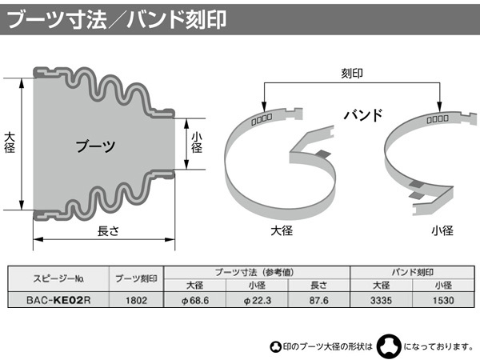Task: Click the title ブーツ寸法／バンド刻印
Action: tap(116, 19)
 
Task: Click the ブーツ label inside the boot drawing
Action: tap(95, 146)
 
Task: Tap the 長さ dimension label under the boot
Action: tap(108, 231)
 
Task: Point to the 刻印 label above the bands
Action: tap(352, 73)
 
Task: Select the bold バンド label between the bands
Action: tap(363, 115)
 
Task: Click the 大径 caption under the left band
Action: tap(282, 230)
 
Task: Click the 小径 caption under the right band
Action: tap(442, 230)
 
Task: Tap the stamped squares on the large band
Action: tap(262, 119)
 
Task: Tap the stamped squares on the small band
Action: tap(438, 118)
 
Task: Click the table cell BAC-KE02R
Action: tap(58, 300)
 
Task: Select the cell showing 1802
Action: tap(136, 300)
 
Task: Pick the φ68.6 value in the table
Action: tap(195, 300)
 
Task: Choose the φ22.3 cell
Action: tap(257, 300)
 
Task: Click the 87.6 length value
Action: tap(318, 300)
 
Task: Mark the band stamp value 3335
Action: tap(381, 300)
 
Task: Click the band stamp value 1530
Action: tap(443, 300)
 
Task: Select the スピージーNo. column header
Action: tap(58, 279)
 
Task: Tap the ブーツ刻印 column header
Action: tap(136, 279)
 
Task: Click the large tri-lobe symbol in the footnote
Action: tap(389, 346)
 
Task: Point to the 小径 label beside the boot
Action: tap(197, 142)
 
